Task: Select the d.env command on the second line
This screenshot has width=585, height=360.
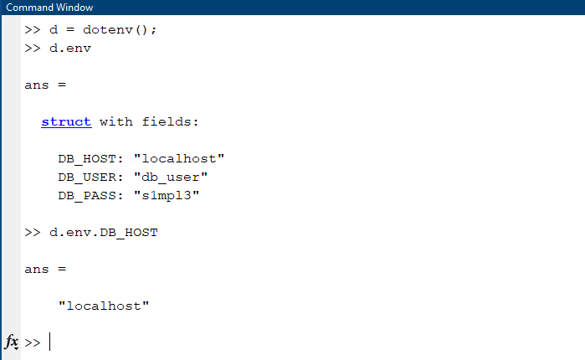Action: click(x=70, y=48)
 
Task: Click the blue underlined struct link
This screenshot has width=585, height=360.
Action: click(x=66, y=121)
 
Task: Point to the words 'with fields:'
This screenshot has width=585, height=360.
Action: click(x=149, y=121)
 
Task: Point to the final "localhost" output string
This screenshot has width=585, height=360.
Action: click(x=104, y=306)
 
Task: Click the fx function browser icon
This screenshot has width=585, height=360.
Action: click(x=12, y=342)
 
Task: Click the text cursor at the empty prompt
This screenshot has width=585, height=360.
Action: click(x=50, y=342)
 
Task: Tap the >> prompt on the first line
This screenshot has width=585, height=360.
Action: click(x=33, y=29)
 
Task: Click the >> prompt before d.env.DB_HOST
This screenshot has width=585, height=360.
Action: click(x=33, y=232)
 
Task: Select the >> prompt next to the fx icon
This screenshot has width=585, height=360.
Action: click(x=33, y=342)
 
